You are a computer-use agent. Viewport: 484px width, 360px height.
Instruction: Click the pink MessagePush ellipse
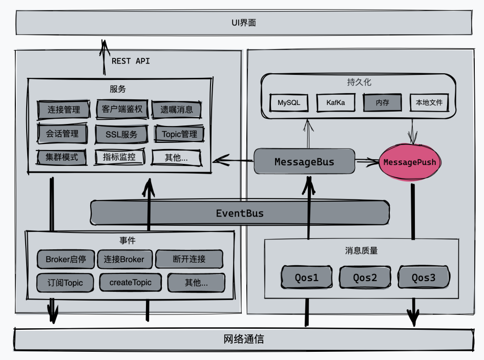coord(410,162)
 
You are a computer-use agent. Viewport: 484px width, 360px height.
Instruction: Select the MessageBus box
coord(304,162)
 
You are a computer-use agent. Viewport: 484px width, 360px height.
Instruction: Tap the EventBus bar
coord(239,213)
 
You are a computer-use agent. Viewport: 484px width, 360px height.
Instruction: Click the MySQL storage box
coord(289,102)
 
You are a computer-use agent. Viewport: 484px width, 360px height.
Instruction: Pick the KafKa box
coord(335,102)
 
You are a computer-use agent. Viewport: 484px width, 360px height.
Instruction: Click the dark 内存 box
coord(382,102)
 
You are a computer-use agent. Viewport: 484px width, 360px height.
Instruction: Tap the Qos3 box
coord(424,278)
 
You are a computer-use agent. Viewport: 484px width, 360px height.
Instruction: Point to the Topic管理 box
coord(179,134)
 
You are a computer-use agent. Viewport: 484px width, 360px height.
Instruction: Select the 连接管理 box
coord(64,110)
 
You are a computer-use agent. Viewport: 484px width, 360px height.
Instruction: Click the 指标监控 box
coord(119,157)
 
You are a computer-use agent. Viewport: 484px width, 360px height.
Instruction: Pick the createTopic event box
coord(128,282)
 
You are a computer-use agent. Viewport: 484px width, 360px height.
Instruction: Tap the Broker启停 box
coord(65,259)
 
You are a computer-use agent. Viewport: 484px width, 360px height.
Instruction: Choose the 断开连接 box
coord(189,259)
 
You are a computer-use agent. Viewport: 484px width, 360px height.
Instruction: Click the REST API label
coord(131,61)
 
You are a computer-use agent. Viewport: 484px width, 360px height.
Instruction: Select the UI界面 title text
coord(243,23)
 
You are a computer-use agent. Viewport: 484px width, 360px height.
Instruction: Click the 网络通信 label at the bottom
coord(244,339)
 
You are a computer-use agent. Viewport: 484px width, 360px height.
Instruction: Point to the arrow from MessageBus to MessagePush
coord(367,162)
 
